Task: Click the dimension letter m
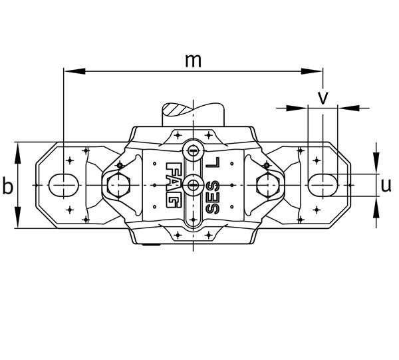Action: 193,61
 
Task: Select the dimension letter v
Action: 323,98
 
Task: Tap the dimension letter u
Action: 386,186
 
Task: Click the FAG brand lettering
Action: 174,185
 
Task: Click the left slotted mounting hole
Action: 63,186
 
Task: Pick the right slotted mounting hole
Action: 323,186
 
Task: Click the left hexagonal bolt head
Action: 118,186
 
